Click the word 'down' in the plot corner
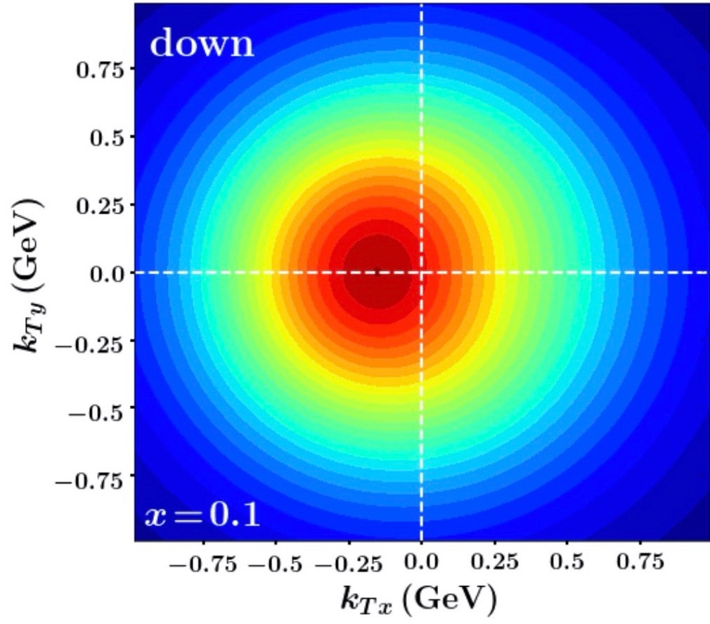201,44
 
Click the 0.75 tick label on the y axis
101,70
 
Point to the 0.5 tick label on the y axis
106,138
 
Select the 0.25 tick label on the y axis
101,205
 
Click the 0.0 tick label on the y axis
106,273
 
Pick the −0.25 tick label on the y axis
92,342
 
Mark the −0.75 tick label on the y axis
92,478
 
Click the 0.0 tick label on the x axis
421,564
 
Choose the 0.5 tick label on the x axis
567,564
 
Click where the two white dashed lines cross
421,272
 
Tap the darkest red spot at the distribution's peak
380,273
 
